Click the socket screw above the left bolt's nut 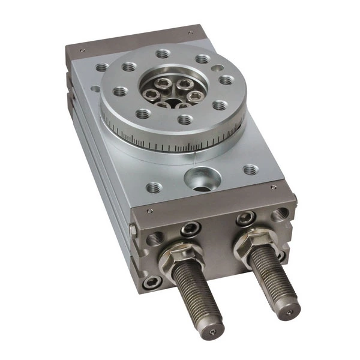tap(191, 227)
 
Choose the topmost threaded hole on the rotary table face tap(163, 53)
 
